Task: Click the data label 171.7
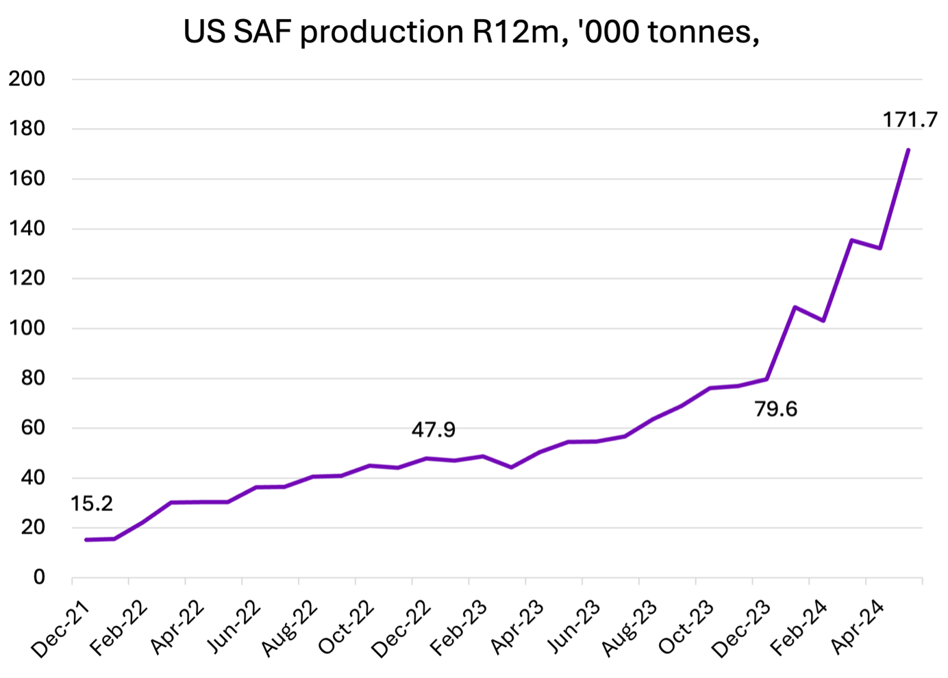click(910, 120)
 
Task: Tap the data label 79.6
click(775, 409)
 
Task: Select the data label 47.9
click(433, 429)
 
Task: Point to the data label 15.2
click(91, 504)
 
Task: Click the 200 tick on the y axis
click(27, 79)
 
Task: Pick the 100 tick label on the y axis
click(27, 328)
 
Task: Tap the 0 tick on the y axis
click(39, 577)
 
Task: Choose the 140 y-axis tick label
click(27, 228)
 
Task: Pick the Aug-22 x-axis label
click(289, 627)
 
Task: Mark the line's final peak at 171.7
click(908, 149)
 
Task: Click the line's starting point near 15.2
click(86, 540)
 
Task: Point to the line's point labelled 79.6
click(766, 379)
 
